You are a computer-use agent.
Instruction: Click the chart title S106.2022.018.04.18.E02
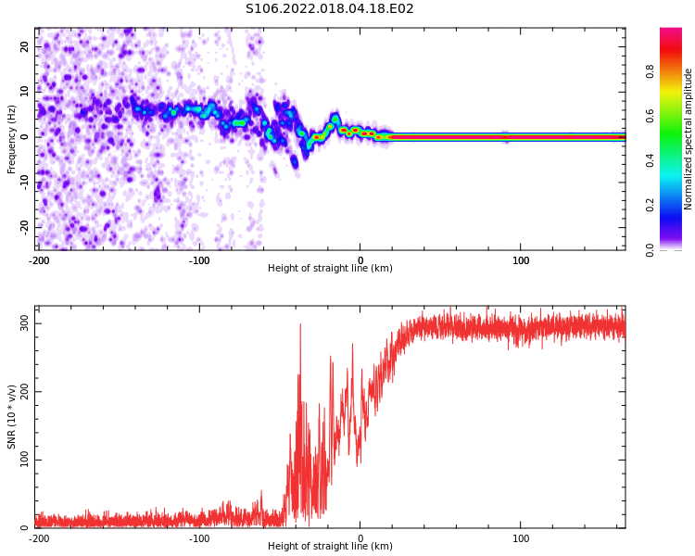330,9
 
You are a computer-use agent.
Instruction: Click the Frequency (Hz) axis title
12,138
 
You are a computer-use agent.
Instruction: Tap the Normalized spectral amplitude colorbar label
689,139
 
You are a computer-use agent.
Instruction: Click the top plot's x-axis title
330,269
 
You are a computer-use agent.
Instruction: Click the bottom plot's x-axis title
330,547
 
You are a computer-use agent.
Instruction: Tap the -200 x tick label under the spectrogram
39,260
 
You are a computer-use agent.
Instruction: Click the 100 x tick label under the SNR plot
521,538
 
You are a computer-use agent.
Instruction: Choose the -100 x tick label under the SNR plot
199,538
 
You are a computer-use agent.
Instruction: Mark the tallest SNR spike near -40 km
300,325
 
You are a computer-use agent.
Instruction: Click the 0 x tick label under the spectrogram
360,260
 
